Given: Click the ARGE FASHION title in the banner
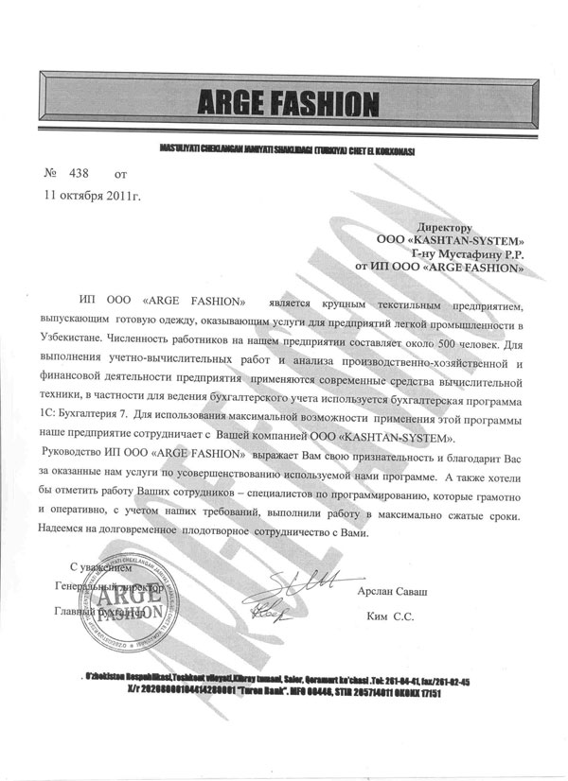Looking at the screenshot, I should coord(283,100).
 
